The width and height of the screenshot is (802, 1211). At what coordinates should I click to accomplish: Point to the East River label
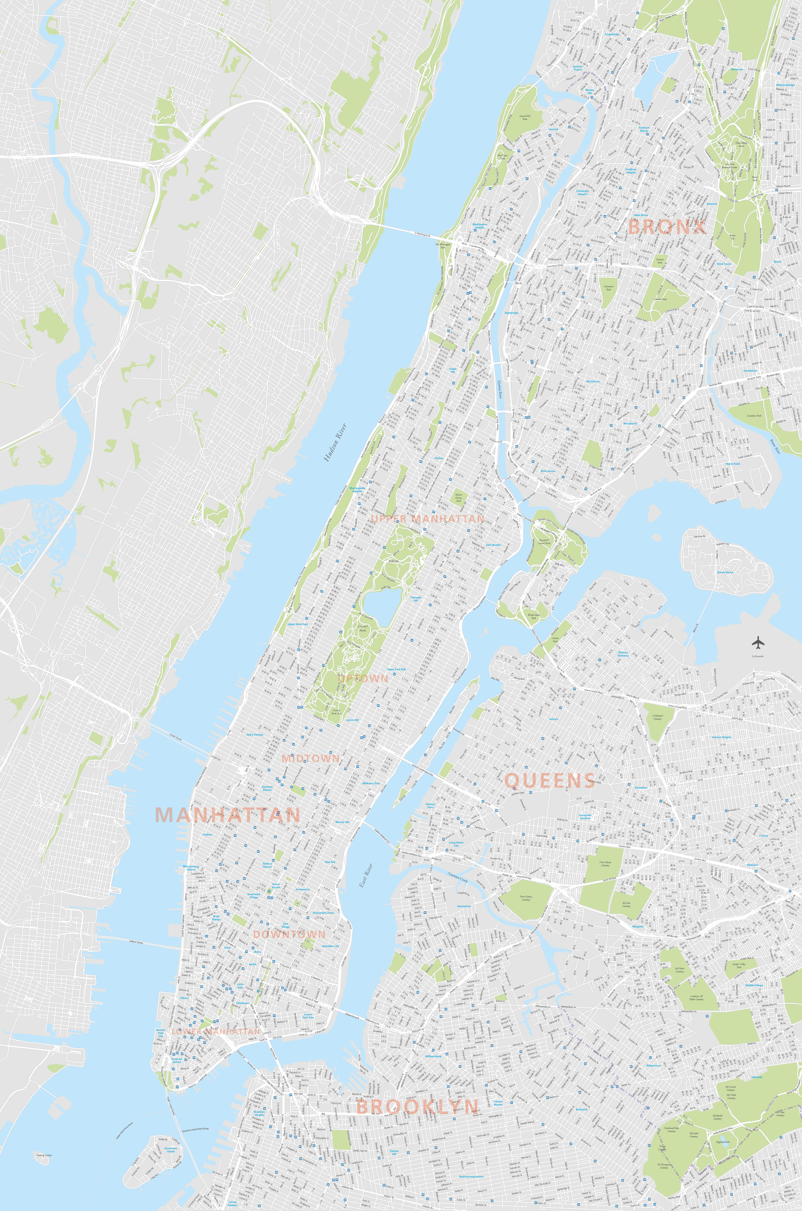(x=366, y=875)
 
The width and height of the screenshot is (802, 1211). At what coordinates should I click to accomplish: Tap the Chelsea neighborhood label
(x=207, y=834)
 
